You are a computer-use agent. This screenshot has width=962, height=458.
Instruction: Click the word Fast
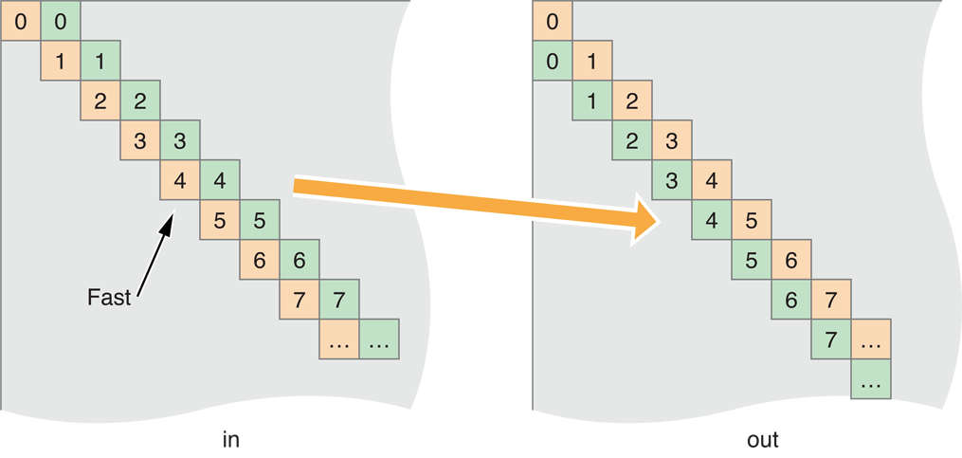[108, 297]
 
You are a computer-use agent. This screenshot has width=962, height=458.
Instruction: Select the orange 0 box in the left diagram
[20, 21]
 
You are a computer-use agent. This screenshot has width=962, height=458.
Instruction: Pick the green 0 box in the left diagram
[61, 21]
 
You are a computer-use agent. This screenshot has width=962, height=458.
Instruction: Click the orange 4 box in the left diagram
[180, 180]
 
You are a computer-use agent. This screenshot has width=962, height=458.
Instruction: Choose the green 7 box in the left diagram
[339, 300]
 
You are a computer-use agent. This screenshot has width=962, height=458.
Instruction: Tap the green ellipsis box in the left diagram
[379, 339]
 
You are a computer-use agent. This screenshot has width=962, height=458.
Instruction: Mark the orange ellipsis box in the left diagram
[339, 339]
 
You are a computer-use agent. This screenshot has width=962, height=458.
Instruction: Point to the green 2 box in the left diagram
[140, 101]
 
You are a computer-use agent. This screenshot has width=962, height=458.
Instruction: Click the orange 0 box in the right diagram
[553, 21]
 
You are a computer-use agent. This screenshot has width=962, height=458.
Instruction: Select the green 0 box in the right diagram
[553, 61]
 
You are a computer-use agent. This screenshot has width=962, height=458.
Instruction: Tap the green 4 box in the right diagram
[712, 220]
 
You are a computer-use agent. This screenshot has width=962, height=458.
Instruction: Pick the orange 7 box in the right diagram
[831, 300]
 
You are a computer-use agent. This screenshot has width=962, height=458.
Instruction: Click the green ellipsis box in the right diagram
[871, 379]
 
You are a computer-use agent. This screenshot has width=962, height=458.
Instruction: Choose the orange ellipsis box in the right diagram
[871, 339]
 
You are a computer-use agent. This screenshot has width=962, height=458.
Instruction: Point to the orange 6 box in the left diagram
[260, 260]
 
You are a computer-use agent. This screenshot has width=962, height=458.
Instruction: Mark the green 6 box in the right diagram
[791, 300]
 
